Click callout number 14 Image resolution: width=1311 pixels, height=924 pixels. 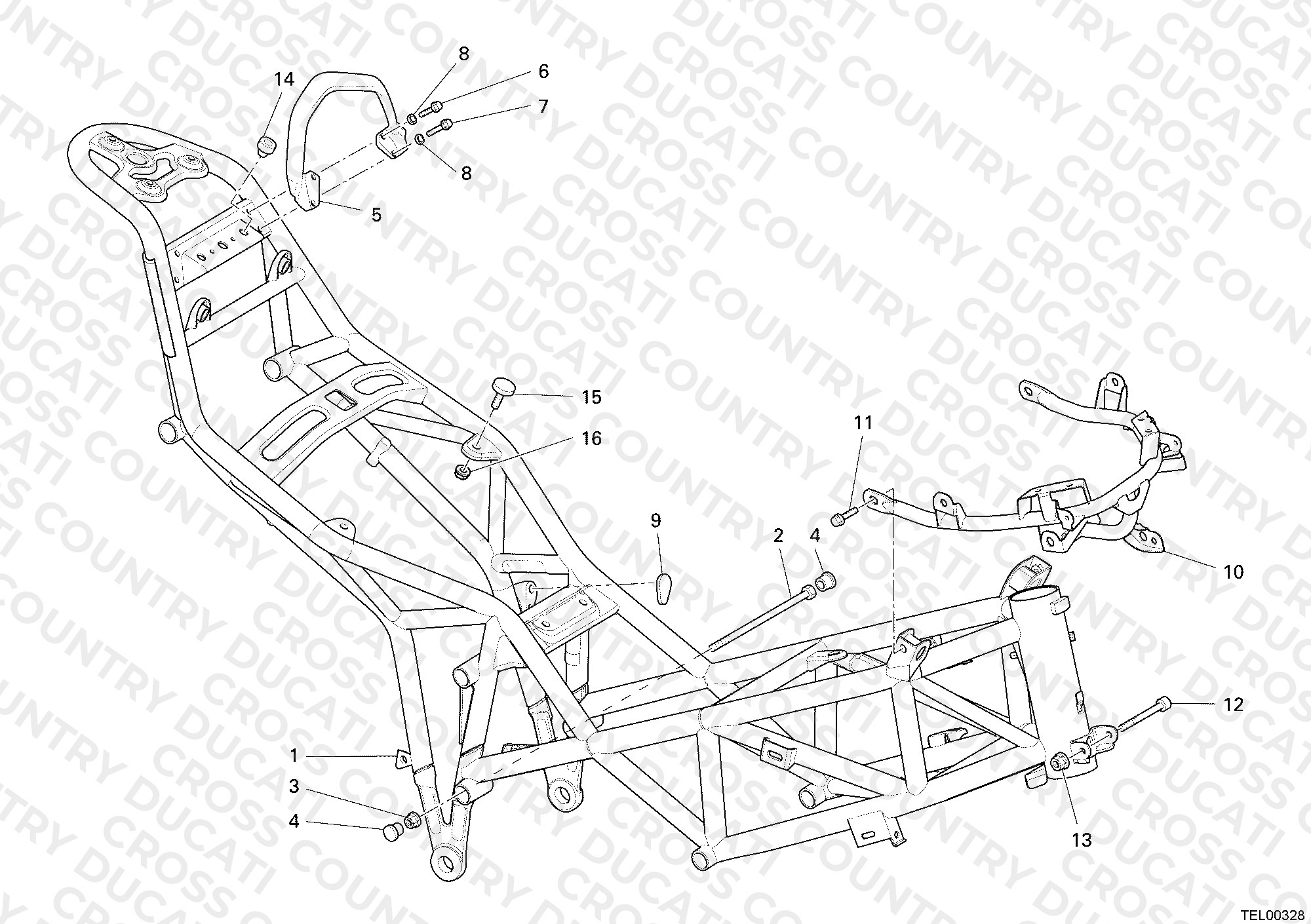284,79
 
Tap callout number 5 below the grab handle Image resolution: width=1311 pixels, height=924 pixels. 376,215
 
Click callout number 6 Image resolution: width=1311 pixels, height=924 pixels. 543,71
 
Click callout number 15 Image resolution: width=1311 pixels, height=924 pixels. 591,397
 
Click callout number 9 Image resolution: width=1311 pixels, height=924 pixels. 655,521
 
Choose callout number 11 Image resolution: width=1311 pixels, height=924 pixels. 863,423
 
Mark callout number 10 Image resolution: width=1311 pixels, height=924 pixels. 1234,572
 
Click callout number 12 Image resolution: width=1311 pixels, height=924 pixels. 1233,705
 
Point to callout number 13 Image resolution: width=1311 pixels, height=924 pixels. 1082,839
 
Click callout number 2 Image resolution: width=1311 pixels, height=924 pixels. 778,536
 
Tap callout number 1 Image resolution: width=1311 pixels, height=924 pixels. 294,756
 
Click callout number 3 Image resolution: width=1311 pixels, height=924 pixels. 294,786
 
